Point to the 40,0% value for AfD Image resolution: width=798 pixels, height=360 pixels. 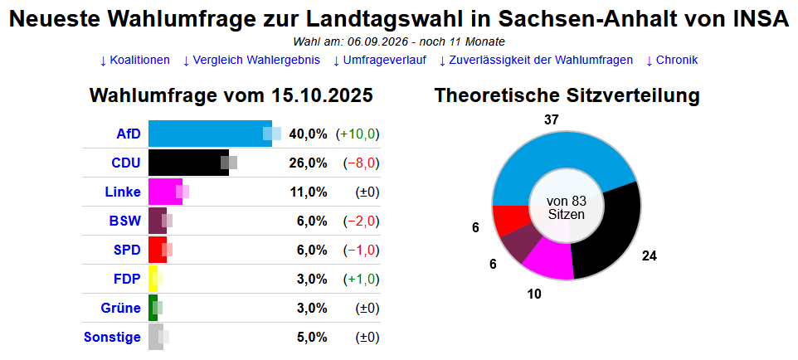(308, 134)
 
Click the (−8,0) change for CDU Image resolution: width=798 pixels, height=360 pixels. (361, 163)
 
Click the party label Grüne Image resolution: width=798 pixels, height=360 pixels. (121, 309)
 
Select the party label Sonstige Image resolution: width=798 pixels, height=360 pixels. (112, 338)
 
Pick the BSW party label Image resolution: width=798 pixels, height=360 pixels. (125, 221)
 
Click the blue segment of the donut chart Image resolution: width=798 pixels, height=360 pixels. (564, 153)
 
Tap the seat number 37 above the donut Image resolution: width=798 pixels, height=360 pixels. (551, 120)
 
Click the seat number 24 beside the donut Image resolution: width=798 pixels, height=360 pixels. (650, 255)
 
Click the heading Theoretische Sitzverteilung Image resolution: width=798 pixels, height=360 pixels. (567, 96)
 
